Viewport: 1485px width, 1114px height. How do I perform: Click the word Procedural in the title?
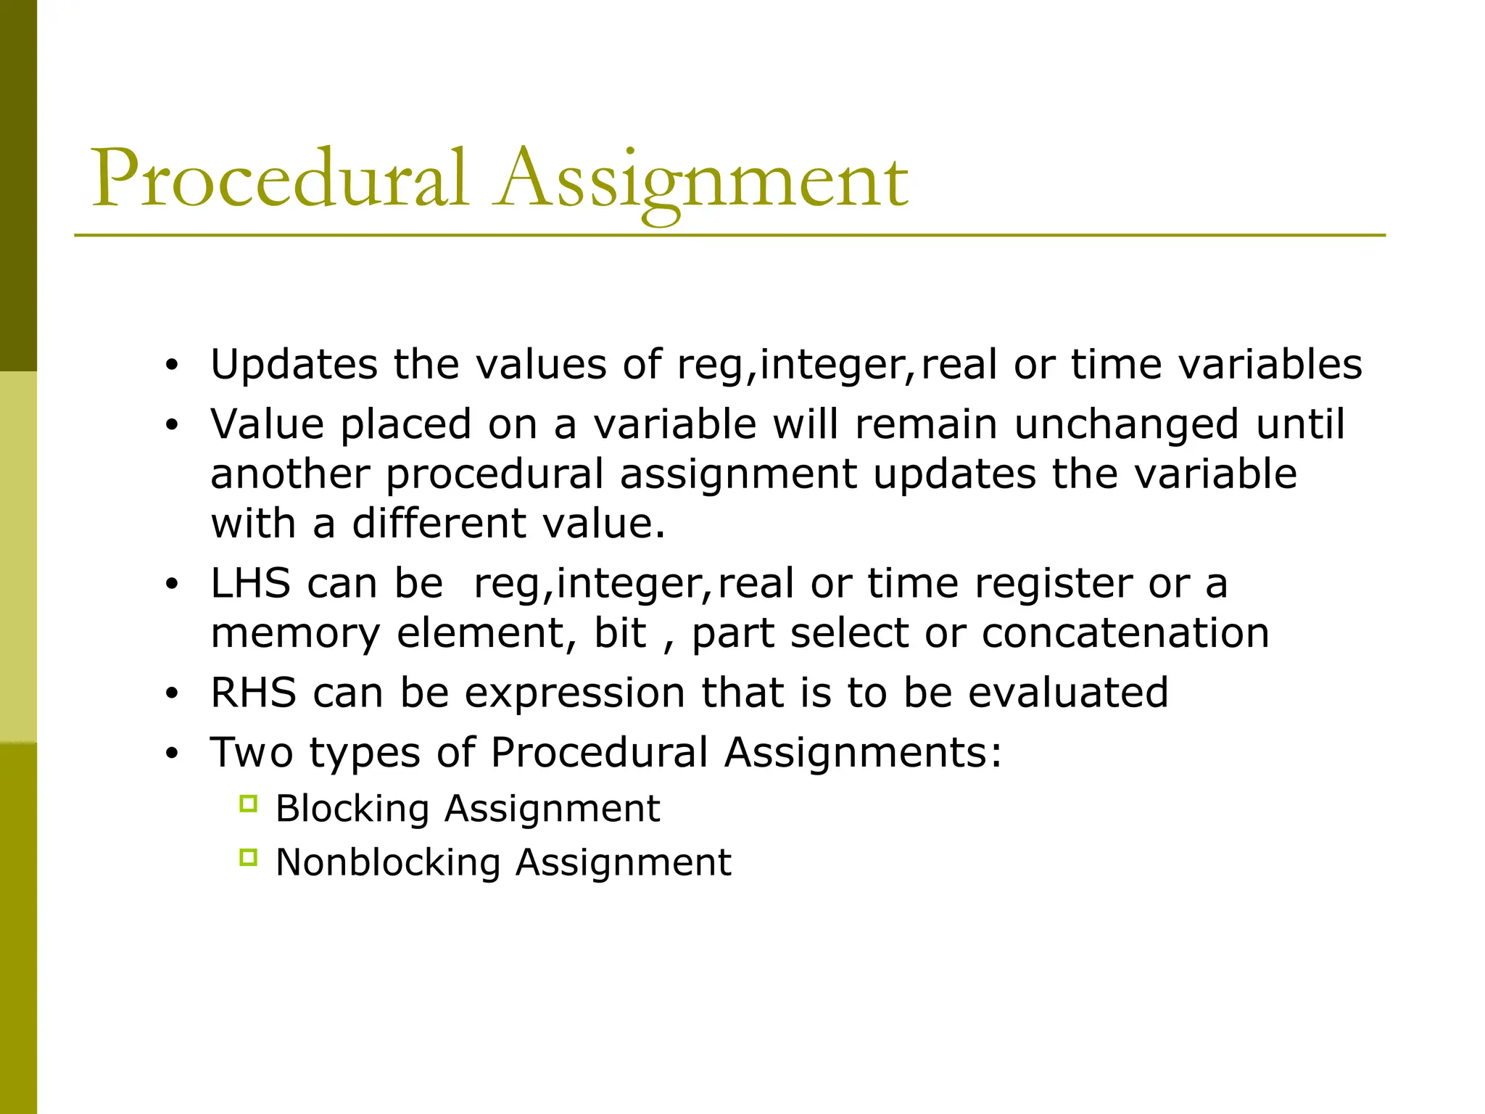click(x=279, y=178)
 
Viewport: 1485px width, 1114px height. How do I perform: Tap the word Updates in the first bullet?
click(x=294, y=364)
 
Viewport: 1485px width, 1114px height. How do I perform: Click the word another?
click(x=289, y=474)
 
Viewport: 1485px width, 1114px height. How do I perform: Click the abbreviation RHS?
click(x=253, y=693)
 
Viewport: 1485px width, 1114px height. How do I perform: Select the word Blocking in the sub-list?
click(x=352, y=809)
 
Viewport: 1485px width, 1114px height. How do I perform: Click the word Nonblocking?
click(x=388, y=863)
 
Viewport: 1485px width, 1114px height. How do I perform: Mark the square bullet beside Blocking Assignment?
click(x=248, y=804)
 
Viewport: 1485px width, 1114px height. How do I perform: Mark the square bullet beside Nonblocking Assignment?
click(x=248, y=858)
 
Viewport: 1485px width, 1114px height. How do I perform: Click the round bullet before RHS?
click(x=171, y=694)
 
